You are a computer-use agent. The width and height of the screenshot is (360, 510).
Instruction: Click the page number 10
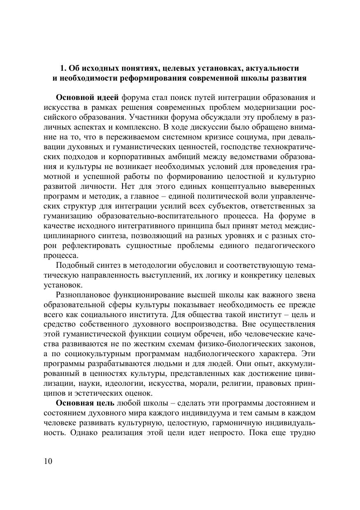[48, 461]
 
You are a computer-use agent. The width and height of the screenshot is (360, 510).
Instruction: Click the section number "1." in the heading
[64, 68]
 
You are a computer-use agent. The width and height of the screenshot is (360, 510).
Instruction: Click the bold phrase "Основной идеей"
[87, 97]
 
